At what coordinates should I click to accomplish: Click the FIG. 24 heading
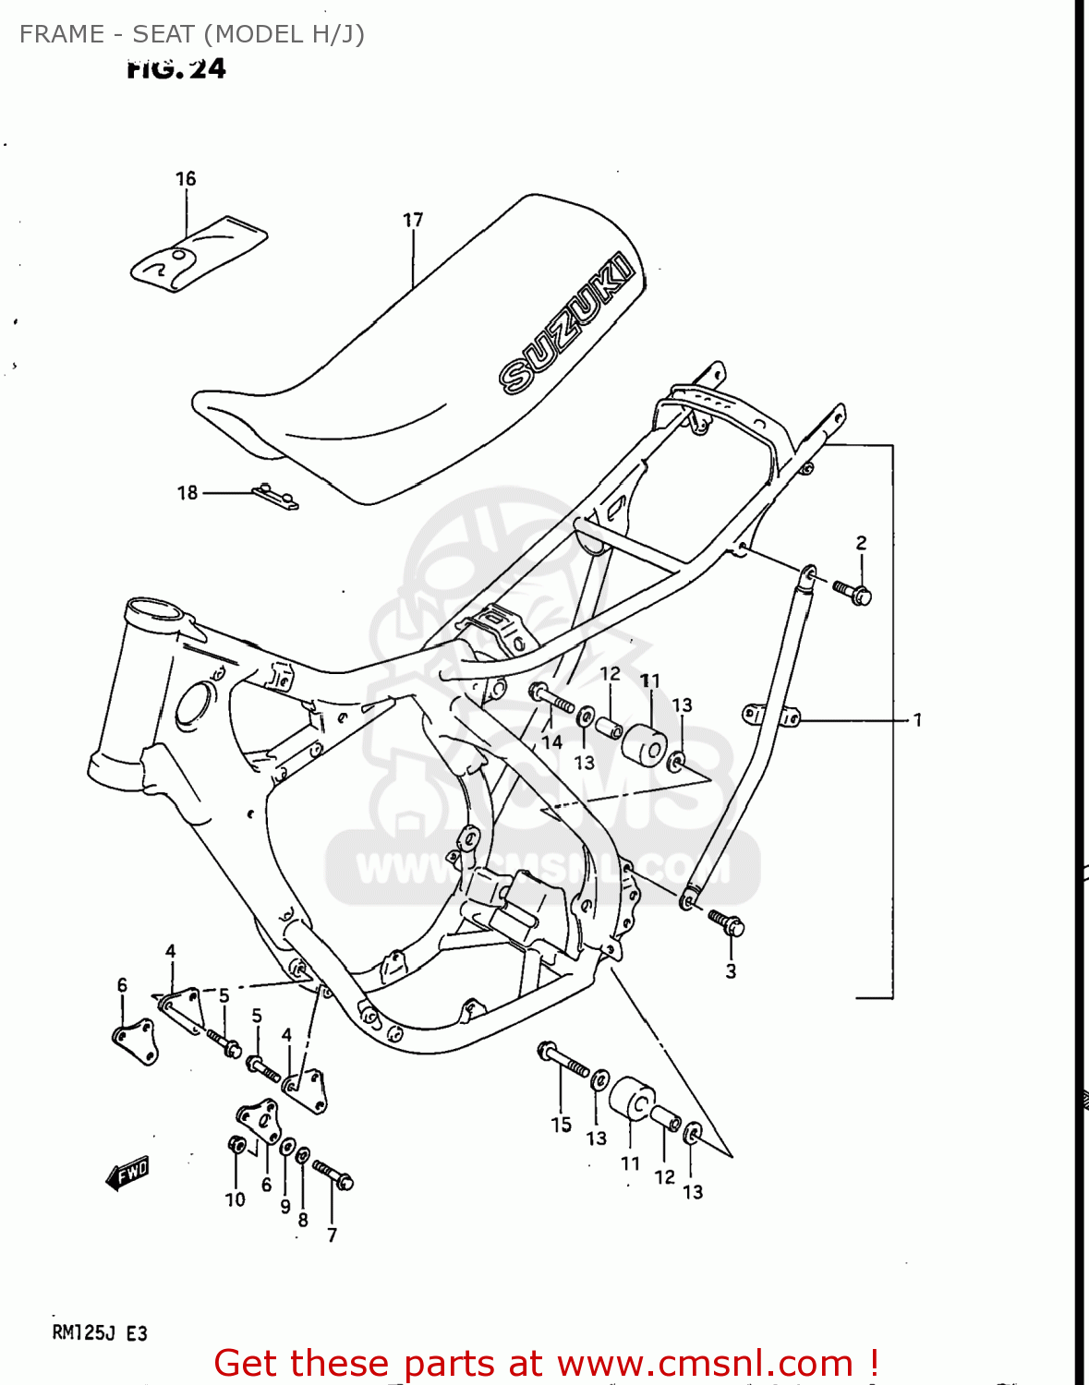pos(175,68)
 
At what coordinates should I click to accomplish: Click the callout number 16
pos(186,178)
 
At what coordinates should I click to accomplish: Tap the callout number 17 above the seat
pos(413,220)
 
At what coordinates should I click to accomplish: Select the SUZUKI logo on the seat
pos(566,323)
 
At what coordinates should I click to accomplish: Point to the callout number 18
pos(188,493)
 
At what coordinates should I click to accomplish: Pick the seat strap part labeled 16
pos(199,253)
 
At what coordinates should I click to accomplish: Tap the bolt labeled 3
pos(727,922)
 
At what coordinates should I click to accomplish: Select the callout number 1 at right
pos(917,719)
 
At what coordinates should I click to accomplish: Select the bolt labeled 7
pos(333,1174)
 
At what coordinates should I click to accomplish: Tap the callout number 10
pos(236,1199)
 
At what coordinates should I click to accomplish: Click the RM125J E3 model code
pos(100,1333)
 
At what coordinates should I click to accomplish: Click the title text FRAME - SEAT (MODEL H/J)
pos(192,34)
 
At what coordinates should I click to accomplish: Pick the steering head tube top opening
pos(155,612)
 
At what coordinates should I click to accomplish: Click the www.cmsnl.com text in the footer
pos(705,1363)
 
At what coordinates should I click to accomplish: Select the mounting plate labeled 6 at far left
pos(135,1041)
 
